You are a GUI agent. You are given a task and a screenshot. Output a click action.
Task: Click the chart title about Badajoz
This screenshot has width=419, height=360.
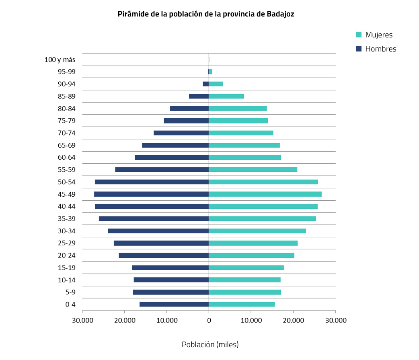206,14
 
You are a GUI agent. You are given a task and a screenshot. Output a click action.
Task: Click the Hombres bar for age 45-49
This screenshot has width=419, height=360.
151,194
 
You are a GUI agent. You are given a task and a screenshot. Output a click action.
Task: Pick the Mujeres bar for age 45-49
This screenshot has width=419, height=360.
265,194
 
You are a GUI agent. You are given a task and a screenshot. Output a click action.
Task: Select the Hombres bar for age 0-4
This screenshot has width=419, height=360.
174,304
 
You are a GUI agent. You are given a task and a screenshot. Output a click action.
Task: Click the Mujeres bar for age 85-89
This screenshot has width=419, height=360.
226,96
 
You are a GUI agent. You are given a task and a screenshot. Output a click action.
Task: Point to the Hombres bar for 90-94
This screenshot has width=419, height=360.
205,84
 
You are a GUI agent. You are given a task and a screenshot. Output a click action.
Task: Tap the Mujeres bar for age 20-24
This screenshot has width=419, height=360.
251,255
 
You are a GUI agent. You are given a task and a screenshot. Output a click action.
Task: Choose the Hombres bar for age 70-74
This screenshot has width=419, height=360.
181,133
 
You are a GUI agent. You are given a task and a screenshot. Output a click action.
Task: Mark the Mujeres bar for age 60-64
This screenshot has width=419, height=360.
244,157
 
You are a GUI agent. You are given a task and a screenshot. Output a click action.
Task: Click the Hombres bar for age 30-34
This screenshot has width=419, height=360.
158,231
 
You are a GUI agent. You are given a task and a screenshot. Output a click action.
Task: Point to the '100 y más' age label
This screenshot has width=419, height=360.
60,60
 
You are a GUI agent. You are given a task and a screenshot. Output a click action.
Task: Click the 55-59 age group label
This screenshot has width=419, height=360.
67,170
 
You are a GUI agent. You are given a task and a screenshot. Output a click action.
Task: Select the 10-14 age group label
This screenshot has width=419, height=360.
67,280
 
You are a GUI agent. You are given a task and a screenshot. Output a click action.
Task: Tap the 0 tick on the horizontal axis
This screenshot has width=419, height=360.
209,320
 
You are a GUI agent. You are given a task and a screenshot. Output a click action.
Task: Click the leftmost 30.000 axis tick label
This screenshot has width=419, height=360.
82,320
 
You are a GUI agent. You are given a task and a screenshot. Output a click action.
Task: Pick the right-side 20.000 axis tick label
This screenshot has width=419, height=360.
293,320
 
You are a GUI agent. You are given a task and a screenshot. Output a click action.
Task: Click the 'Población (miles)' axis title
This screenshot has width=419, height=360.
210,345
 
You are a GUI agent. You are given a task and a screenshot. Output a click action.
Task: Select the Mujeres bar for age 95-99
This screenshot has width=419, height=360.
211,72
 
